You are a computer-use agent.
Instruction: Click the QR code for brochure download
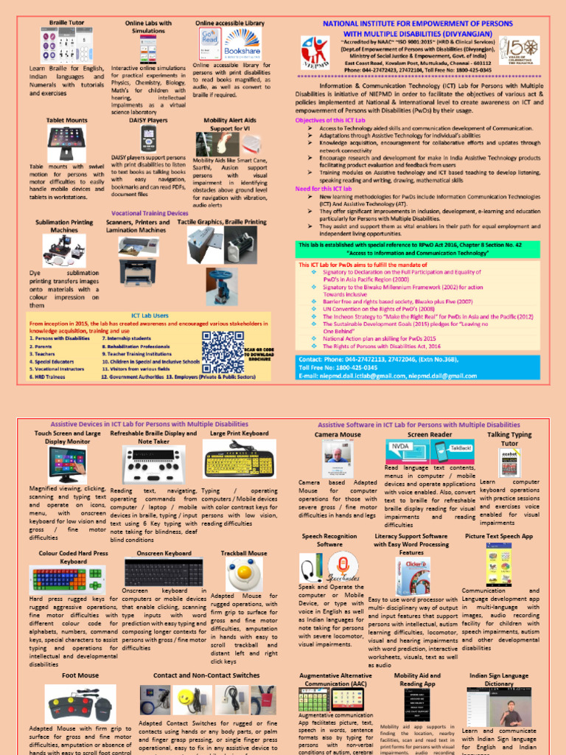(x=221, y=349)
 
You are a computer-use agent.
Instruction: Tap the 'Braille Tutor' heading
(x=66, y=24)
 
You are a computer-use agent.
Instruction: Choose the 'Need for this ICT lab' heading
(x=324, y=189)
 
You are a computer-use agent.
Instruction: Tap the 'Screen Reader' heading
(x=430, y=435)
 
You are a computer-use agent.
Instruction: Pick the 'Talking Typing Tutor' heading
(x=509, y=439)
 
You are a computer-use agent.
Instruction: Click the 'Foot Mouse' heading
(x=80, y=675)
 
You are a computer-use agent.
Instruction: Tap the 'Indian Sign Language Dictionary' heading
(x=509, y=679)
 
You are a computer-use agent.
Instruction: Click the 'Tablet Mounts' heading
(x=67, y=119)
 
